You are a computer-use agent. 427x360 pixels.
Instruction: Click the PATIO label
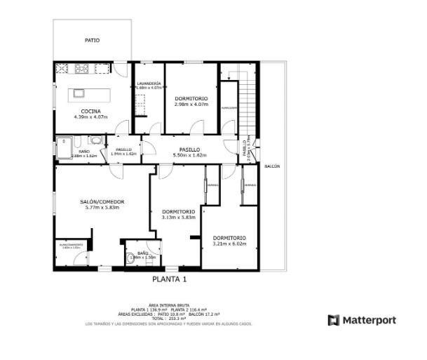92,40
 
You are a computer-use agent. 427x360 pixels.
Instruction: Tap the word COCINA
90,112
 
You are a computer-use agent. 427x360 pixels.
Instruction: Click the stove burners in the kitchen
81,68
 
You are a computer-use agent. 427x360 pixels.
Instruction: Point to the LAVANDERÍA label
149,83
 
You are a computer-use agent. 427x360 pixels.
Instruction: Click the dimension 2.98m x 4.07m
191,105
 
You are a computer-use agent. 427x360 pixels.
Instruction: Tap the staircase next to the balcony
249,98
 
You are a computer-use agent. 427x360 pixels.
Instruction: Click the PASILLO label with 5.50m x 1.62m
189,149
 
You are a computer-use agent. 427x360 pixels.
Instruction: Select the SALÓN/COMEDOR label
102,201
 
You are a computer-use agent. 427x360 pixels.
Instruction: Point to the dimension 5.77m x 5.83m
102,208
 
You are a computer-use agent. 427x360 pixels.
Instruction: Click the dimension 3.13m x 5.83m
178,218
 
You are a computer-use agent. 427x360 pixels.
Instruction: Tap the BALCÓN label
272,166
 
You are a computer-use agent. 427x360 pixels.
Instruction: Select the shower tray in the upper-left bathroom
64,144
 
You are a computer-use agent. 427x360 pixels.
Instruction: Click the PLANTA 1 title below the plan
170,279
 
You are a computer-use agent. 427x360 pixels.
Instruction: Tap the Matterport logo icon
334,320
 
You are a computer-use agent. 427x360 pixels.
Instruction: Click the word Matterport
369,320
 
